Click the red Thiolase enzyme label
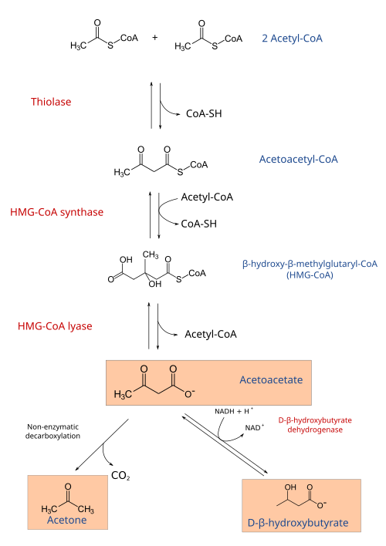point(51,102)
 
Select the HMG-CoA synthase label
point(57,212)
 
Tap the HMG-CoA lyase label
point(55,326)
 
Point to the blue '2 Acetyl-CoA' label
point(293,39)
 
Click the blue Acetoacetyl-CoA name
point(299,160)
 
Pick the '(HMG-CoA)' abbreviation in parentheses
point(310,275)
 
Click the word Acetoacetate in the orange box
point(271,379)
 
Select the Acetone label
point(67,520)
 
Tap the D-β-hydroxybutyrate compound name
point(298,523)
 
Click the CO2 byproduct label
point(120,476)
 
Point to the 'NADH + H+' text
point(234,411)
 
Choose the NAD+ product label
point(255,427)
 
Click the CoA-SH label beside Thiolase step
point(204,113)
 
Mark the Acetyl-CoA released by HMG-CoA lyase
point(211,334)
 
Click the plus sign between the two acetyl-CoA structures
point(155,37)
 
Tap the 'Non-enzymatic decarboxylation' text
point(52,431)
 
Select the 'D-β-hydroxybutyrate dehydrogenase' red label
point(315,425)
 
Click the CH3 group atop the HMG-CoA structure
point(151,255)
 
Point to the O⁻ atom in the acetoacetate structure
point(190,394)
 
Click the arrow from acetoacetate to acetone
point(102,445)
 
